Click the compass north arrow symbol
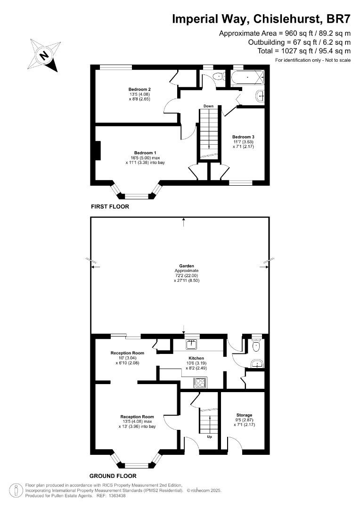(x=44, y=55)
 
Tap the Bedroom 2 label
(x=139, y=90)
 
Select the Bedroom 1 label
(x=145, y=153)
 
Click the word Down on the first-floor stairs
(x=209, y=106)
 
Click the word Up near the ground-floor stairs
(x=210, y=437)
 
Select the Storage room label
(x=244, y=415)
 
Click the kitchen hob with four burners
(x=200, y=382)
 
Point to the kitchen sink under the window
(x=192, y=345)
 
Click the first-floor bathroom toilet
(x=218, y=76)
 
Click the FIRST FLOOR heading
(x=110, y=207)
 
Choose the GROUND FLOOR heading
(x=113, y=476)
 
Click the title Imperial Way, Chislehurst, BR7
(x=261, y=19)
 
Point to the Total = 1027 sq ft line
(x=304, y=51)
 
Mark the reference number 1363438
(x=117, y=496)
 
